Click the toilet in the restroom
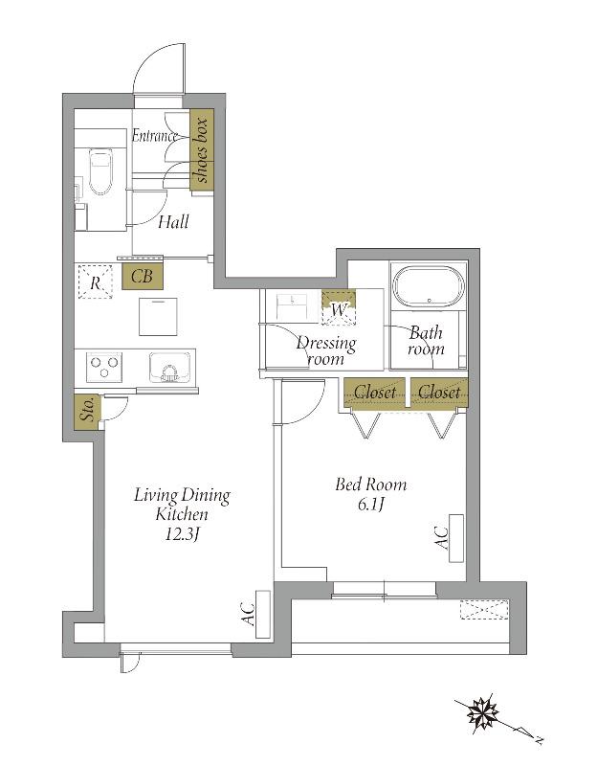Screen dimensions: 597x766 pyautogui.click(x=100, y=171)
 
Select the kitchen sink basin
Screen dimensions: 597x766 pyautogui.click(x=170, y=367)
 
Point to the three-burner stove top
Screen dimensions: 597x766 pyautogui.click(x=104, y=367)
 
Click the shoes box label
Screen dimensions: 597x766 pyautogui.click(x=202, y=149)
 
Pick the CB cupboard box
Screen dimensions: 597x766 pyautogui.click(x=142, y=277)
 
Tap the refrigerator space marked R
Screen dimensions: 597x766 pyautogui.click(x=95, y=282)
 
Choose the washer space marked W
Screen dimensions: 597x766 pyautogui.click(x=339, y=307)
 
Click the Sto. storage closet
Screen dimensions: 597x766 pyautogui.click(x=87, y=413)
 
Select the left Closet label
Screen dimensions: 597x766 pyautogui.click(x=375, y=392)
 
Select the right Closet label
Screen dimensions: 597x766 pyautogui.click(x=439, y=392)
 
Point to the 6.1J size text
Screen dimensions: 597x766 pyautogui.click(x=370, y=505)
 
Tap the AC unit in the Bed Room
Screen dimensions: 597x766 pyautogui.click(x=456, y=539)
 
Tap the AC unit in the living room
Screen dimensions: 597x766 pyautogui.click(x=263, y=615)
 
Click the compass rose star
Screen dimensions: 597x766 pyautogui.click(x=482, y=713)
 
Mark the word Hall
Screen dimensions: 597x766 pyautogui.click(x=173, y=222)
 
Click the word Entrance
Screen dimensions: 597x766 pyautogui.click(x=155, y=135)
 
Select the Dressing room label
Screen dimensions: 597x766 pyautogui.click(x=326, y=350)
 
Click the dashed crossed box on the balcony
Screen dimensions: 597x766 pyautogui.click(x=485, y=609)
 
